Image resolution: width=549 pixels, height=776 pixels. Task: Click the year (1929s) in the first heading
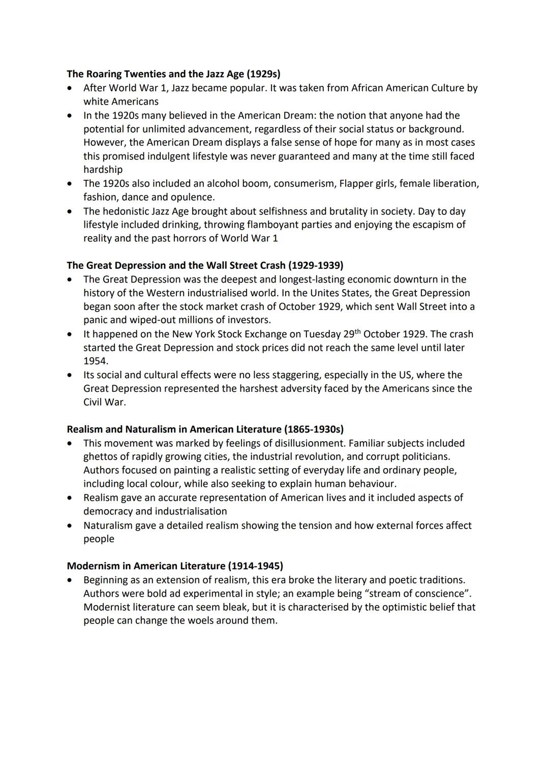[263, 74]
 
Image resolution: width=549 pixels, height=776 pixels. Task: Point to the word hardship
[103, 170]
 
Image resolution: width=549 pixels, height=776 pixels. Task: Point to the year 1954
[95, 361]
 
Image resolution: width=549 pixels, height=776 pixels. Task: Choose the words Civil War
[104, 402]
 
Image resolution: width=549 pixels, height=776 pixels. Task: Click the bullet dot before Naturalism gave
[70, 525]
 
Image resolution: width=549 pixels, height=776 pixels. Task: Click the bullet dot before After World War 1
[70, 88]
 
